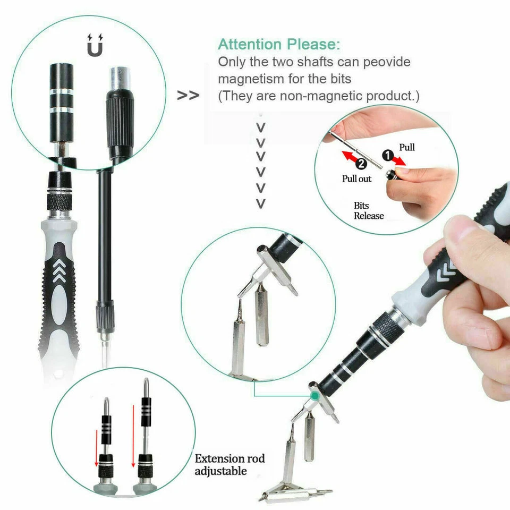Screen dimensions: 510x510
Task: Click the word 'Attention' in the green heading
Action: pos(250,44)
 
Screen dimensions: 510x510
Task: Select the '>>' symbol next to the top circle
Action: pos(189,96)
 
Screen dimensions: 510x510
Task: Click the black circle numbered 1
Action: pos(387,156)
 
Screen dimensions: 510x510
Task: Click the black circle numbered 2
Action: pos(361,165)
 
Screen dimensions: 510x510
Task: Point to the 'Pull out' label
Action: pos(356,179)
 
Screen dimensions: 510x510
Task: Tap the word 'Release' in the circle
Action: pos(369,216)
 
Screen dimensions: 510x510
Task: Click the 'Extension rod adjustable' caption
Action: pos(229,464)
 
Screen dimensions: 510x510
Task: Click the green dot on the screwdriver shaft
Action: pos(316,395)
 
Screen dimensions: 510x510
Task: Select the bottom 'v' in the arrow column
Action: pos(261,203)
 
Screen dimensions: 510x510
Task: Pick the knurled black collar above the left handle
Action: pos(62,201)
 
